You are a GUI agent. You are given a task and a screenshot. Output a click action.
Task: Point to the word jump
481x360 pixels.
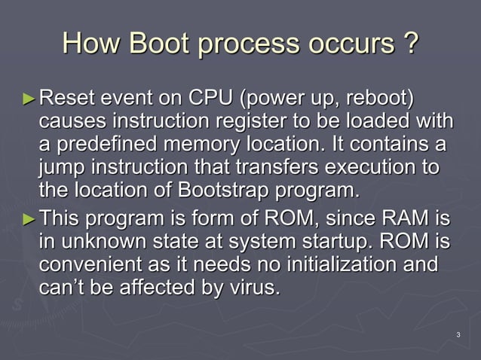(63, 167)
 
